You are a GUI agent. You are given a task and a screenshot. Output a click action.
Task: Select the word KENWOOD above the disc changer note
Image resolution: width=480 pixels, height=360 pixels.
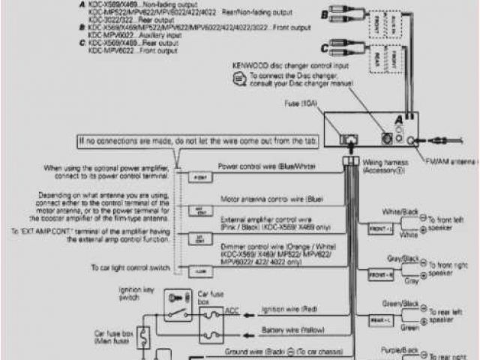pos(250,66)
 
